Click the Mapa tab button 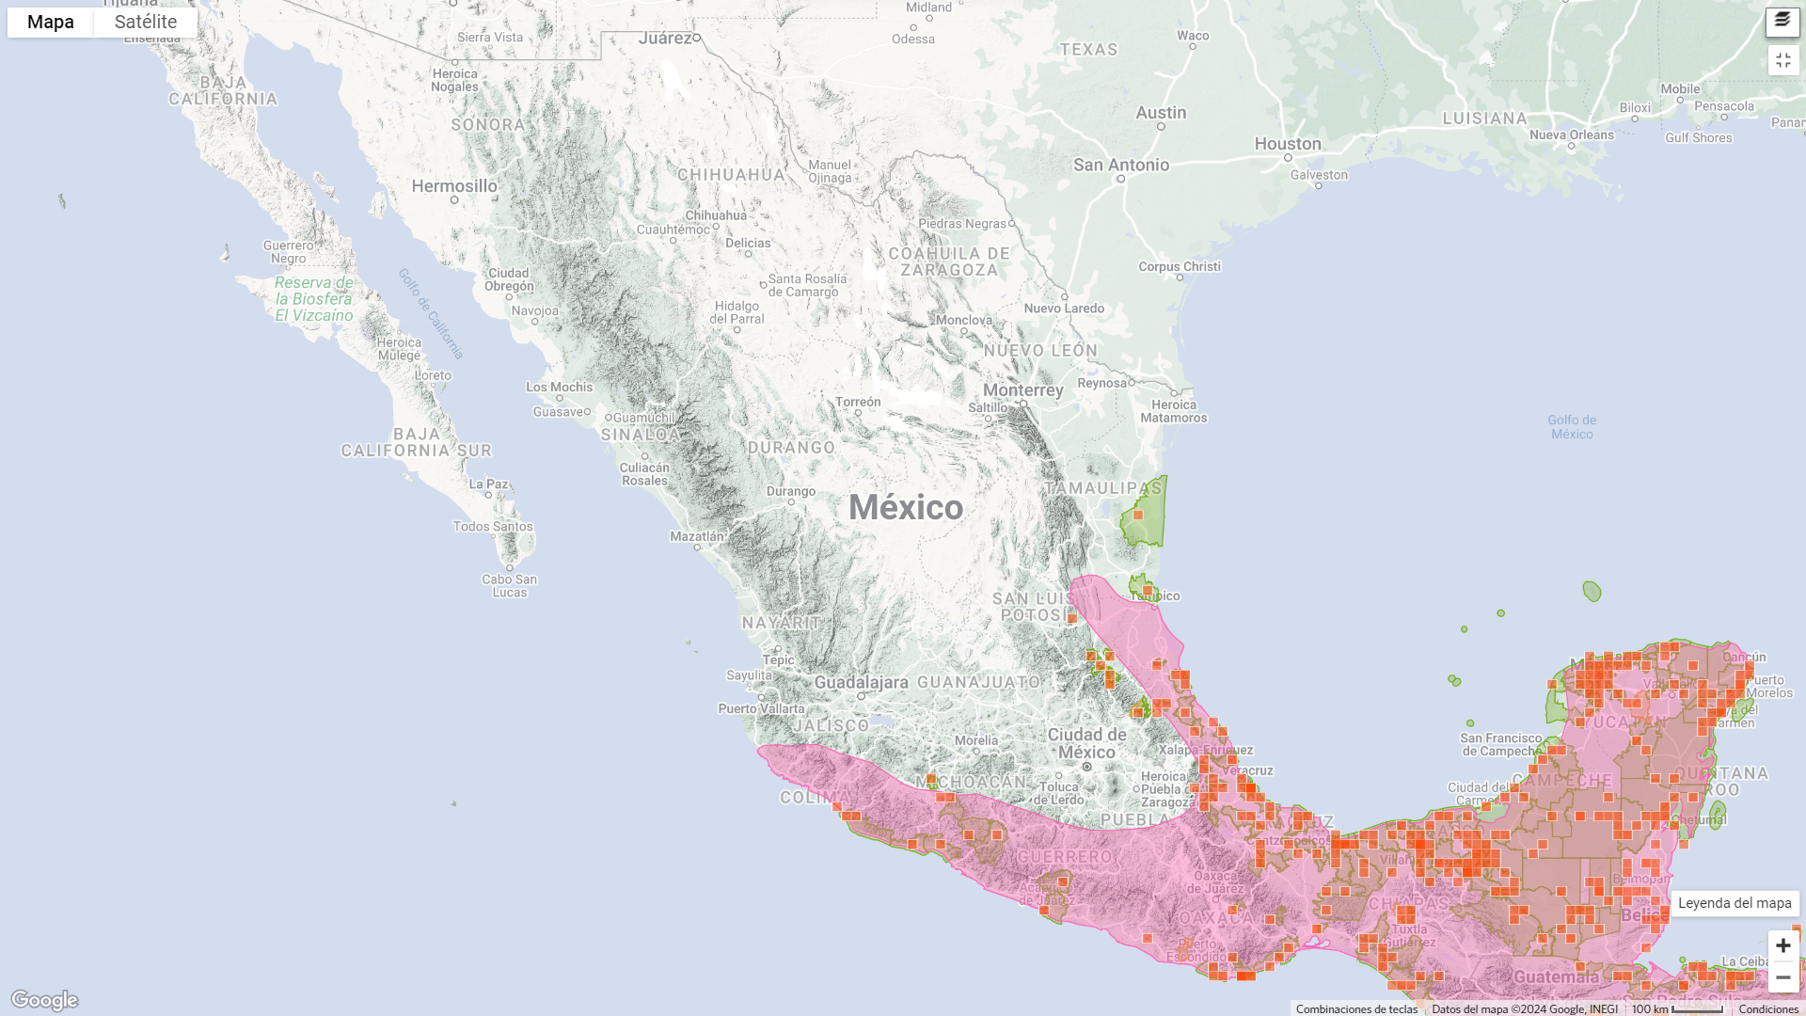(50, 22)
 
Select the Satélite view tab (146, 22)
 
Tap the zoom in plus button (1782, 945)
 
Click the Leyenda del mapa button (1734, 903)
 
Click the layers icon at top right (1782, 21)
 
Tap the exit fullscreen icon (1782, 60)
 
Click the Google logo (44, 1000)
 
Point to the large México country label (906, 508)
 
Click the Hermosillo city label (454, 186)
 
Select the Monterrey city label (1022, 389)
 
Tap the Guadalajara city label (861, 682)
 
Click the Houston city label (1287, 144)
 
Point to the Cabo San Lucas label (509, 585)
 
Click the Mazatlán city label (697, 536)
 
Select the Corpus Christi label (1179, 266)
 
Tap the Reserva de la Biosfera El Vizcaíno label (314, 298)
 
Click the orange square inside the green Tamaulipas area (1138, 515)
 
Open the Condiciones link (1767, 1008)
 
